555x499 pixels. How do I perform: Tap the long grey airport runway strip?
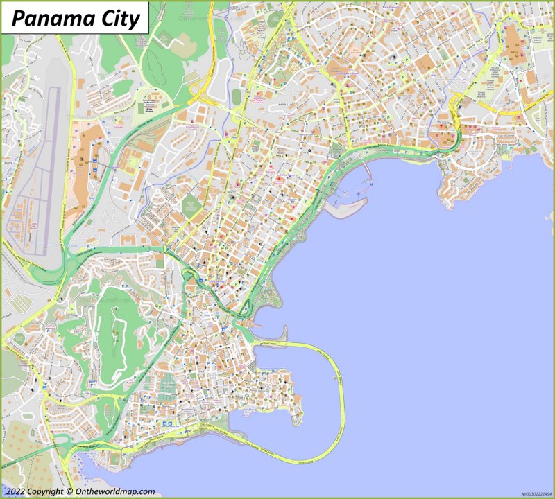[x=50, y=166]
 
